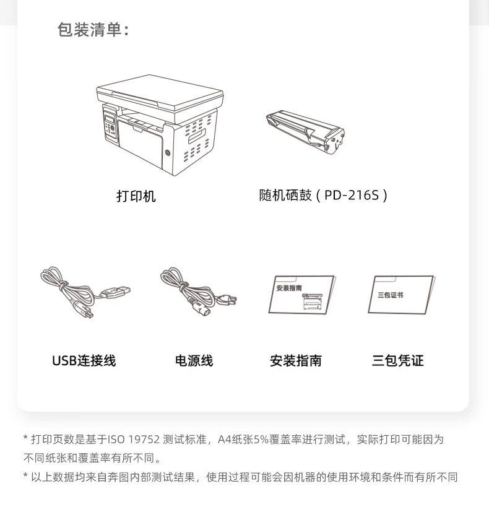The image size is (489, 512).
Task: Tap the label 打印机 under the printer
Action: [x=136, y=196]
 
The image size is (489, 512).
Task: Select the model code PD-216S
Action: [x=352, y=195]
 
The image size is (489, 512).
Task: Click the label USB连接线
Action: [x=84, y=361]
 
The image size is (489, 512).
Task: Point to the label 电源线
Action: [x=194, y=361]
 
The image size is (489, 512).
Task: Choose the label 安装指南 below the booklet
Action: [x=296, y=361]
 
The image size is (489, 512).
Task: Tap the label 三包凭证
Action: [x=397, y=361]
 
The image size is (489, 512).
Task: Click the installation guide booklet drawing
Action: [x=302, y=295]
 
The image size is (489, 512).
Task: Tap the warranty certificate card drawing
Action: [x=402, y=295]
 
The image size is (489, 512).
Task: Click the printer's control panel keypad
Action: [x=110, y=125]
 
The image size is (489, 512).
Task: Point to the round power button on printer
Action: [x=168, y=152]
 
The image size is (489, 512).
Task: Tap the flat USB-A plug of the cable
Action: [x=116, y=292]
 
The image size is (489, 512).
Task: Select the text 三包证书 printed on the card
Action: [x=391, y=295]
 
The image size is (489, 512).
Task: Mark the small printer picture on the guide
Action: [x=312, y=302]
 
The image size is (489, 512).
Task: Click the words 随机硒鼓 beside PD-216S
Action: [x=285, y=195]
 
